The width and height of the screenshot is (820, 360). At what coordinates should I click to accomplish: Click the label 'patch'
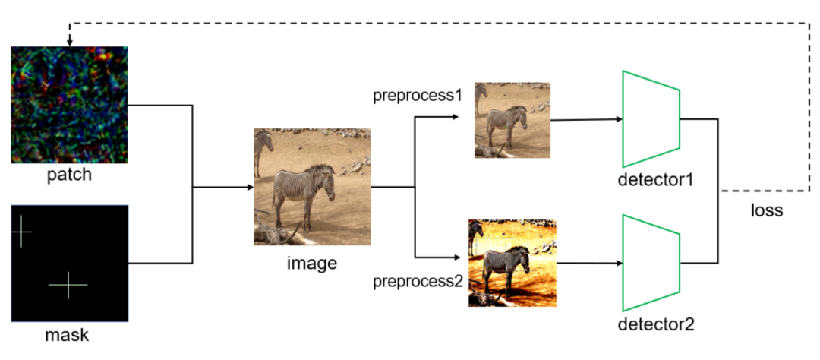(x=69, y=175)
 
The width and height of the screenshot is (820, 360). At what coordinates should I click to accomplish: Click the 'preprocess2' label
(x=418, y=282)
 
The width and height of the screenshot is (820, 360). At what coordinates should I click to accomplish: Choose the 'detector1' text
(x=656, y=181)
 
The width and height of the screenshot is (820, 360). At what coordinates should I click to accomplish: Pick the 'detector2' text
(x=656, y=325)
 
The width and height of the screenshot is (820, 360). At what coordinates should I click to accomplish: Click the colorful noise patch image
(x=69, y=105)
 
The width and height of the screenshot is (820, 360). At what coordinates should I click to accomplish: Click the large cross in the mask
(x=68, y=285)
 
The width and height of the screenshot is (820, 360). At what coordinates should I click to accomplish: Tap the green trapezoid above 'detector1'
(x=651, y=119)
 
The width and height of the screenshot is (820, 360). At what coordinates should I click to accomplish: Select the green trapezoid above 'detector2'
(x=651, y=263)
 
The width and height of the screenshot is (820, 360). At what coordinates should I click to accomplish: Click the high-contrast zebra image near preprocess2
(x=512, y=263)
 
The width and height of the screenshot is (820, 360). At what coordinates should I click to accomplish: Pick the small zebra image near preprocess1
(x=512, y=120)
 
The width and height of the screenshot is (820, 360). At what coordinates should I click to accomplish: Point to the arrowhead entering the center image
(x=249, y=187)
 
